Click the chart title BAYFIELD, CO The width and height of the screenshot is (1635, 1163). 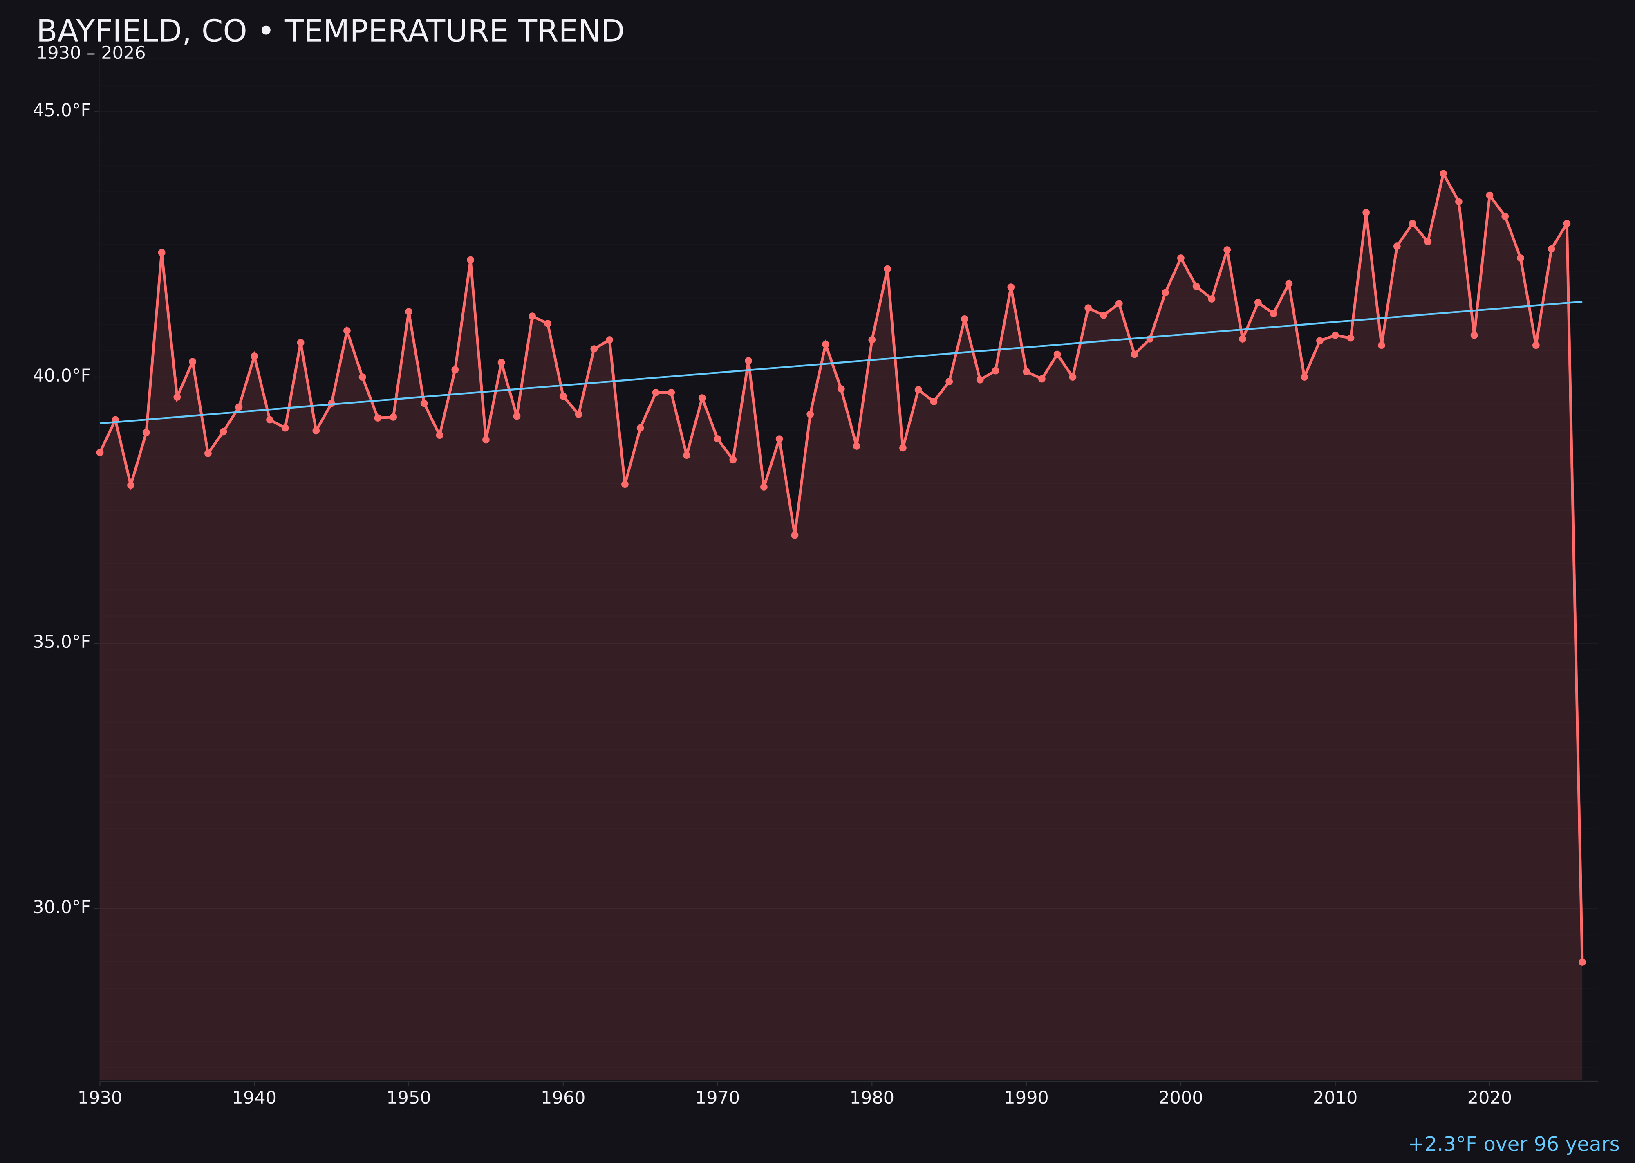329,31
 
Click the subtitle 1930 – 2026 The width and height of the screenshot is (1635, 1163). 91,54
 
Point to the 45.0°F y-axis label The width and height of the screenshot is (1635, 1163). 62,110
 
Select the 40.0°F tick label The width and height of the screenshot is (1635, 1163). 62,376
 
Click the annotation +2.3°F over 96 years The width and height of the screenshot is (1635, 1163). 1513,1144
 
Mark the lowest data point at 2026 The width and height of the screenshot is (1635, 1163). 1582,962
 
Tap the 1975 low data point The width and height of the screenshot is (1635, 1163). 795,535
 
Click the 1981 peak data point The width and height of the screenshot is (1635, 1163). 887,269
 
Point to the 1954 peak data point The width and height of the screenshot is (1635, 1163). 470,260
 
